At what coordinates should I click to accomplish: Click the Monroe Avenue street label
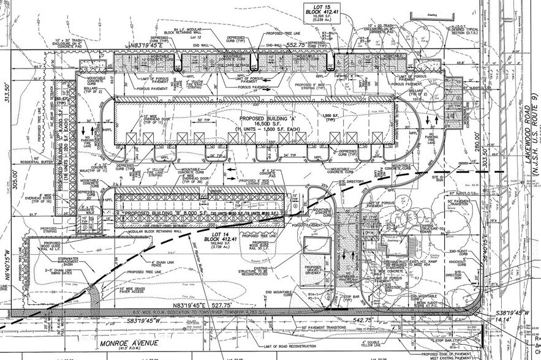pos(129,343)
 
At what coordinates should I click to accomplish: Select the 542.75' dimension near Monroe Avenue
pos(363,320)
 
